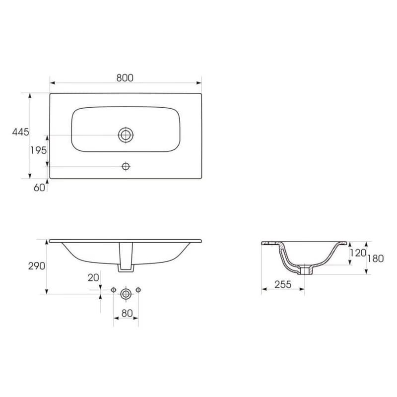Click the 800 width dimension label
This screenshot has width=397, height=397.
125,78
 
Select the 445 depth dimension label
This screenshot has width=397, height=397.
20,132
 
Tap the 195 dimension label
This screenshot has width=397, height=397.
39,150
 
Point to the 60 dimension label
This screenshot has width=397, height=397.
39,188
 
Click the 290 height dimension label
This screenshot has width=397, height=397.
37,266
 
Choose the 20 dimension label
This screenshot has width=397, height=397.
93,278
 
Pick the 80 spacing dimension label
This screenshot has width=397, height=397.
127,314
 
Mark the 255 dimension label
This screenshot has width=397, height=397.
283,284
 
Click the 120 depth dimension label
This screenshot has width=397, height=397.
358,253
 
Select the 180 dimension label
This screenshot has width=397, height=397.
376,259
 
